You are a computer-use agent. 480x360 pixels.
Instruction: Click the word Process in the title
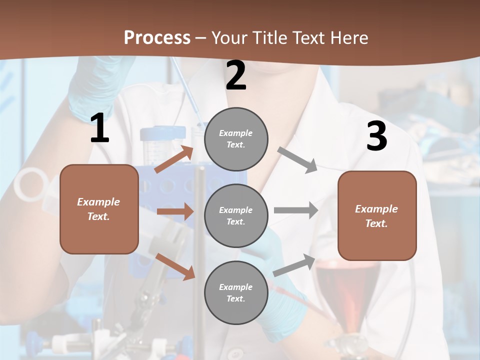157,37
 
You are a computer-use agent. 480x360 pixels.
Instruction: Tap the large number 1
99,128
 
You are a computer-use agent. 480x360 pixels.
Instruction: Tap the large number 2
236,75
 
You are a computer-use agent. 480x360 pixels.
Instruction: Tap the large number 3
376,136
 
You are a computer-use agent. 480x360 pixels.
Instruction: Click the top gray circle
236,139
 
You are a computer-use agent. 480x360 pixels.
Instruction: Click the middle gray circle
236,215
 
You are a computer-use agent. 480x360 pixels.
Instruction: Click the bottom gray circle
236,292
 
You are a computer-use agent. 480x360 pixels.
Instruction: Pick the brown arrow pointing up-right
174,159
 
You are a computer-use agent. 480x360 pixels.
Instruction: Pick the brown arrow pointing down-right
175,266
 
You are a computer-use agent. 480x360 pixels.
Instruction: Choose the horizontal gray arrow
296,210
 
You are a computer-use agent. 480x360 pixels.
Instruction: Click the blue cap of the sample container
162,133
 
